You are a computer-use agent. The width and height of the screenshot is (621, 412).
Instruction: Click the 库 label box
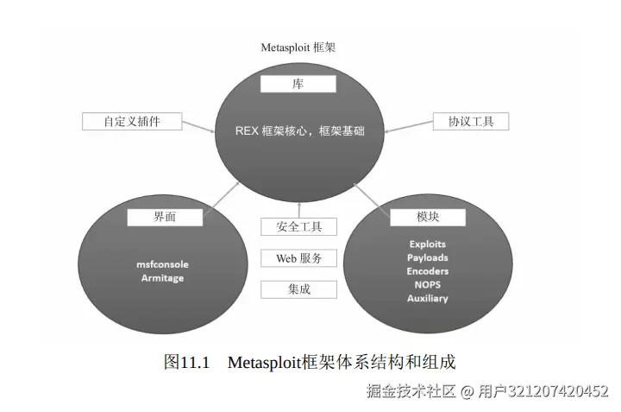[298, 84]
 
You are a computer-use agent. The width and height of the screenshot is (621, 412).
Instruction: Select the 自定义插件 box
[132, 121]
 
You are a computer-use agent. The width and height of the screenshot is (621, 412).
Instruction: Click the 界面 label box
[165, 217]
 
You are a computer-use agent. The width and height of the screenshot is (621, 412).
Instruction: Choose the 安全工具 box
[298, 227]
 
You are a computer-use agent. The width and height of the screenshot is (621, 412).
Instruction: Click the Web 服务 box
[298, 258]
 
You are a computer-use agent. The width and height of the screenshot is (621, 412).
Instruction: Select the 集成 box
[298, 289]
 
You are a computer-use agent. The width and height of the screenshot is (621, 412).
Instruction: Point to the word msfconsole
[162, 264]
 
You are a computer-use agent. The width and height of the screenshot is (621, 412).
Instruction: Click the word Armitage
[162, 278]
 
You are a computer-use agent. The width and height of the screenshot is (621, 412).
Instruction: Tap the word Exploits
[428, 244]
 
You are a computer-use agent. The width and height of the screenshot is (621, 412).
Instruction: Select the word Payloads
[428, 257]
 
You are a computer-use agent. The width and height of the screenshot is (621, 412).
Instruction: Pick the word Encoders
[428, 271]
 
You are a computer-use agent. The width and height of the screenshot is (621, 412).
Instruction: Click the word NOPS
[428, 285]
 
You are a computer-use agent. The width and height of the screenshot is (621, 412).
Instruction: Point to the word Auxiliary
[428, 299]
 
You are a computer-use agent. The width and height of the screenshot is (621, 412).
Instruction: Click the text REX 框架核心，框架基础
[299, 131]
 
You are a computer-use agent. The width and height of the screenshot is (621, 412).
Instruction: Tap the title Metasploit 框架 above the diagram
[298, 48]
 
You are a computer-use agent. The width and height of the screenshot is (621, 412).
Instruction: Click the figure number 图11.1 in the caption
[186, 361]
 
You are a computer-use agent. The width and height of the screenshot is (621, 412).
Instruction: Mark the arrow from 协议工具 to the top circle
[407, 126]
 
